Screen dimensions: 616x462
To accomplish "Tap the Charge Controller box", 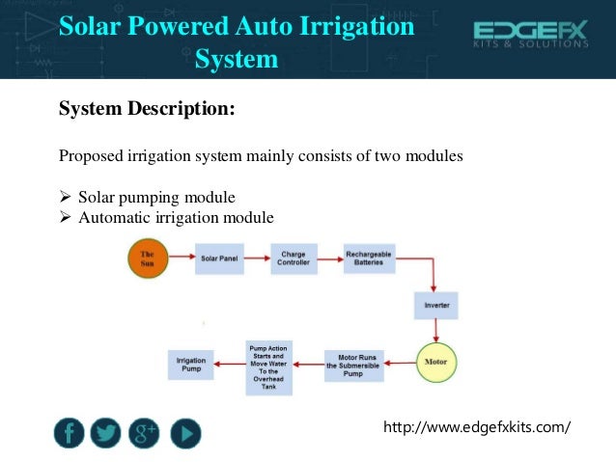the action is (294, 258).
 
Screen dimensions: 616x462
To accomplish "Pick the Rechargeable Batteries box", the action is (368, 258).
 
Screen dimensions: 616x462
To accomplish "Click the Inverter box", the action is (436, 307).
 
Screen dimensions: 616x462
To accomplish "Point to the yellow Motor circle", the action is (435, 363).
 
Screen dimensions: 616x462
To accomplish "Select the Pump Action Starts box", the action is (268, 364).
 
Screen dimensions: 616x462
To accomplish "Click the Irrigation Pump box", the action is (190, 364).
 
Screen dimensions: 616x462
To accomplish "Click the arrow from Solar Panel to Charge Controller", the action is (257, 258).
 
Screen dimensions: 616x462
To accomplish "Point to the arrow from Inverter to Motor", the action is (436, 332).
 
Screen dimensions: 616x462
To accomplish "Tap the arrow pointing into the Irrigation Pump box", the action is (228, 364).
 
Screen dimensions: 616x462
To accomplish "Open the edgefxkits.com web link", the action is (478, 425).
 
